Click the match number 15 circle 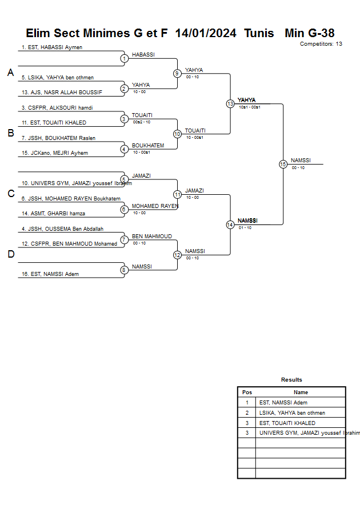(283, 164)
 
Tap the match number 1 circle (124, 58)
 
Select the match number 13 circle (230, 104)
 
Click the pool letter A (10, 73)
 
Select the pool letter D (10, 254)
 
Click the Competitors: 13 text (321, 44)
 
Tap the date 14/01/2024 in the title (206, 33)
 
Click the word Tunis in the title (259, 33)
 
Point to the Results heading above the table (291, 379)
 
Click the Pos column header (247, 392)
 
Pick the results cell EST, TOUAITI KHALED (287, 423)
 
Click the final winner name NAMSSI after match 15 (301, 160)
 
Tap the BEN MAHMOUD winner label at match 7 (151, 236)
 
